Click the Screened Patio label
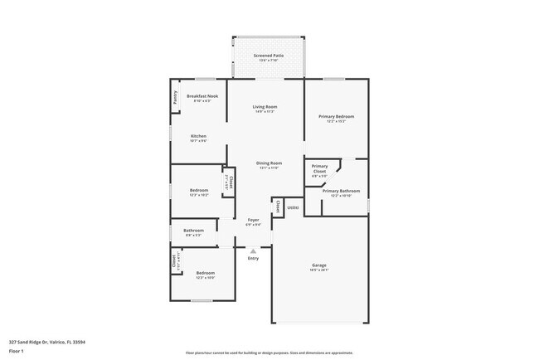pyautogui.click(x=269, y=56)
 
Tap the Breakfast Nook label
pyautogui.click(x=202, y=96)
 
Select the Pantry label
pyautogui.click(x=175, y=97)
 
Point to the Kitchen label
pyautogui.click(x=198, y=136)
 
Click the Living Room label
pyautogui.click(x=265, y=107)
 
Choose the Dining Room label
pyautogui.click(x=269, y=163)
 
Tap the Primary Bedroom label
pyautogui.click(x=336, y=117)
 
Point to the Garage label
pyautogui.click(x=319, y=265)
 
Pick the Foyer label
pyautogui.click(x=253, y=220)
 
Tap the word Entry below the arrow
pyautogui.click(x=253, y=258)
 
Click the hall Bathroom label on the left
pyautogui.click(x=194, y=230)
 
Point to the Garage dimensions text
pyautogui.click(x=319, y=270)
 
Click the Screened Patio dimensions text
pyautogui.click(x=269, y=61)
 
